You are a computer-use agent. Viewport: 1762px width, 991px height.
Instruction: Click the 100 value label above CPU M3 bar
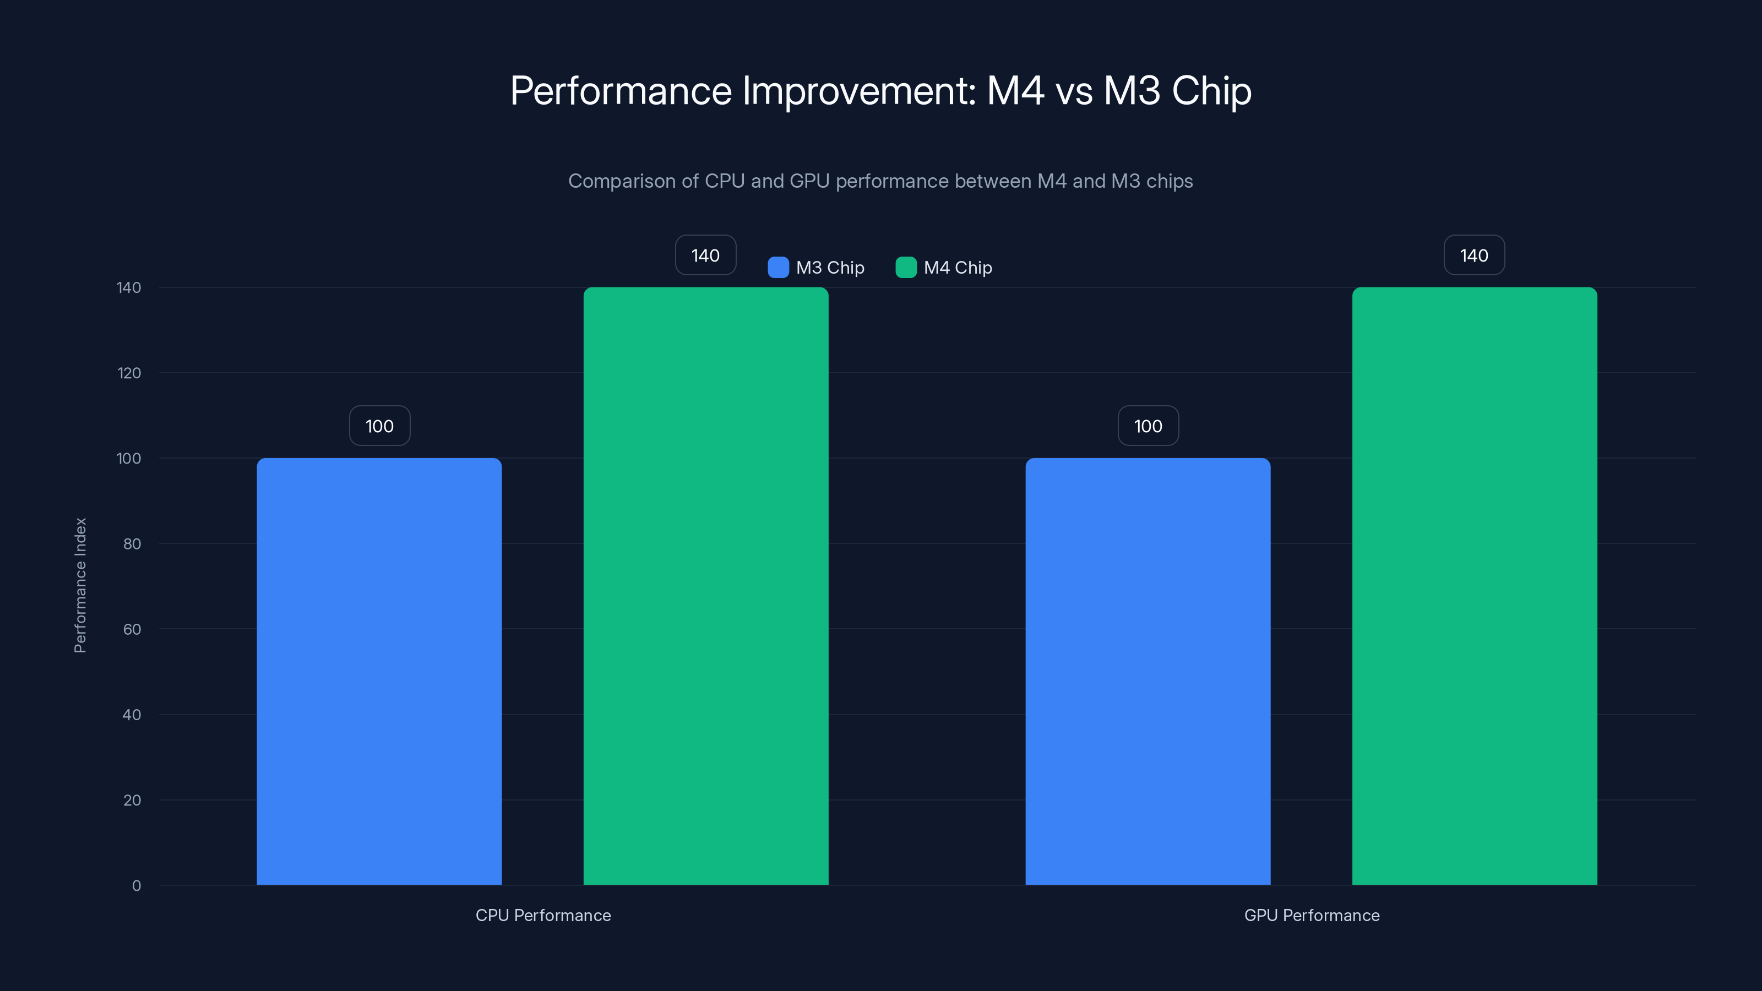tap(379, 426)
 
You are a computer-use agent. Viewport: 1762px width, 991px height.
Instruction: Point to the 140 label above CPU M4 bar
tap(705, 255)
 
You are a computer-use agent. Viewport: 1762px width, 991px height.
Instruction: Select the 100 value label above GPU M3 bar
tap(1148, 426)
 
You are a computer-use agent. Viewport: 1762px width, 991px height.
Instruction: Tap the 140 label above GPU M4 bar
tap(1474, 255)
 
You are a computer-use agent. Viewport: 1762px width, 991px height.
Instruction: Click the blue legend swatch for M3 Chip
tap(777, 268)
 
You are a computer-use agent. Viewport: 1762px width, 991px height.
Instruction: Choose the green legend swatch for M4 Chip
tap(906, 268)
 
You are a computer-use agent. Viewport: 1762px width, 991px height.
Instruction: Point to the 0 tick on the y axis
tap(136, 886)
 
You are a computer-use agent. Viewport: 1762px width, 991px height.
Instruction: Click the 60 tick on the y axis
tap(132, 629)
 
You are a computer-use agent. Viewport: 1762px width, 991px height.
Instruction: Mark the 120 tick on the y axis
tap(129, 373)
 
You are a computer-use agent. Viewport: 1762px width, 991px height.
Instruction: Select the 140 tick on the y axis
tap(129, 287)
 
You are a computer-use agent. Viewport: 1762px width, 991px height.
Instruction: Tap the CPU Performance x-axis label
tap(543, 915)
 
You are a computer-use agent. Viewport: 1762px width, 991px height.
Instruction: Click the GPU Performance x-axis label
tap(1311, 915)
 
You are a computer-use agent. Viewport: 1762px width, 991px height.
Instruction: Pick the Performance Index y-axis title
tap(80, 585)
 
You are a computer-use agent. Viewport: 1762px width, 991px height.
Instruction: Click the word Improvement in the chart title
tap(859, 91)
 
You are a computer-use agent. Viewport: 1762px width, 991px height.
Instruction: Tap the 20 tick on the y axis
tap(132, 800)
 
